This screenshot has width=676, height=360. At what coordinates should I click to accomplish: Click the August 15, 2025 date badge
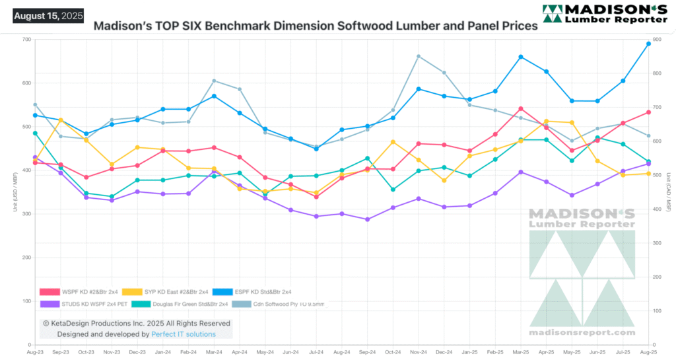coord(48,15)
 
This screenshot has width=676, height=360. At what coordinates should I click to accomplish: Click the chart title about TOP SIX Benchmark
coord(316,27)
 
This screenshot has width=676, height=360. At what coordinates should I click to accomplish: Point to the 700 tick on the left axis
coord(26,40)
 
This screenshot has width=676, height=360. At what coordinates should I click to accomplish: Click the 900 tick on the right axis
coord(658,40)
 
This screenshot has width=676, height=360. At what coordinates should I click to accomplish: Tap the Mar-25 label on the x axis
coord(521,353)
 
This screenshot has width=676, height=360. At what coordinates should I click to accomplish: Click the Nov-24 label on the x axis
coord(419,353)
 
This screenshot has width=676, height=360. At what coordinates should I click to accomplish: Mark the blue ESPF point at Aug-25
coord(648,44)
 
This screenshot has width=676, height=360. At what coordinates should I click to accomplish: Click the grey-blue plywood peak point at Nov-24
coord(419,56)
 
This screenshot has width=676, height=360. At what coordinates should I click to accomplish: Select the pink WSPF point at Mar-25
coord(521,108)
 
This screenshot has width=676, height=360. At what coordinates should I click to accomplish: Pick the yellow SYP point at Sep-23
coord(61,120)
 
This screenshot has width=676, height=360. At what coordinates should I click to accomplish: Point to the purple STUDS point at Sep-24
coord(368,219)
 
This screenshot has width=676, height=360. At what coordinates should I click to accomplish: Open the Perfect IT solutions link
coord(184,334)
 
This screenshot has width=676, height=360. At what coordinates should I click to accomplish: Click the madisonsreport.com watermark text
coord(582,332)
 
